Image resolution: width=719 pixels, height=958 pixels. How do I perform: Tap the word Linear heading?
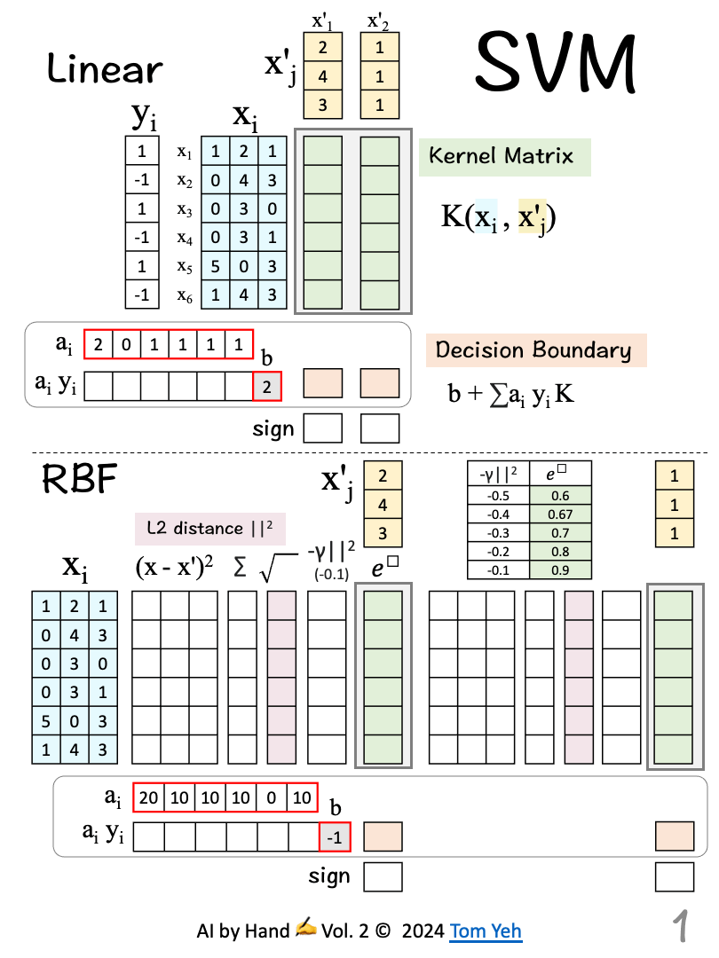click(105, 68)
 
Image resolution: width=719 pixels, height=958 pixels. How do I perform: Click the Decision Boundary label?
click(533, 349)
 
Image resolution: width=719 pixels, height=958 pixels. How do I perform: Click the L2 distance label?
click(209, 529)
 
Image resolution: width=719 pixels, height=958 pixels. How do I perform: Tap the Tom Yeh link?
click(486, 931)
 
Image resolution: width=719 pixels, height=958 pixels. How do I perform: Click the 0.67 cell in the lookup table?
click(559, 515)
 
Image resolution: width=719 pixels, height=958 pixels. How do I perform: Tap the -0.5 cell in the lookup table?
click(498, 496)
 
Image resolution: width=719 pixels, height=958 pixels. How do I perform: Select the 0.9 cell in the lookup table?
click(559, 570)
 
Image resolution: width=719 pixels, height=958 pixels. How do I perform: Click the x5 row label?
click(184, 267)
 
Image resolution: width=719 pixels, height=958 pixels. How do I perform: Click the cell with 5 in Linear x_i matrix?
click(216, 266)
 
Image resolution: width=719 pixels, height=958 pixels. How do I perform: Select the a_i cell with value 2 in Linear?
click(99, 344)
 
